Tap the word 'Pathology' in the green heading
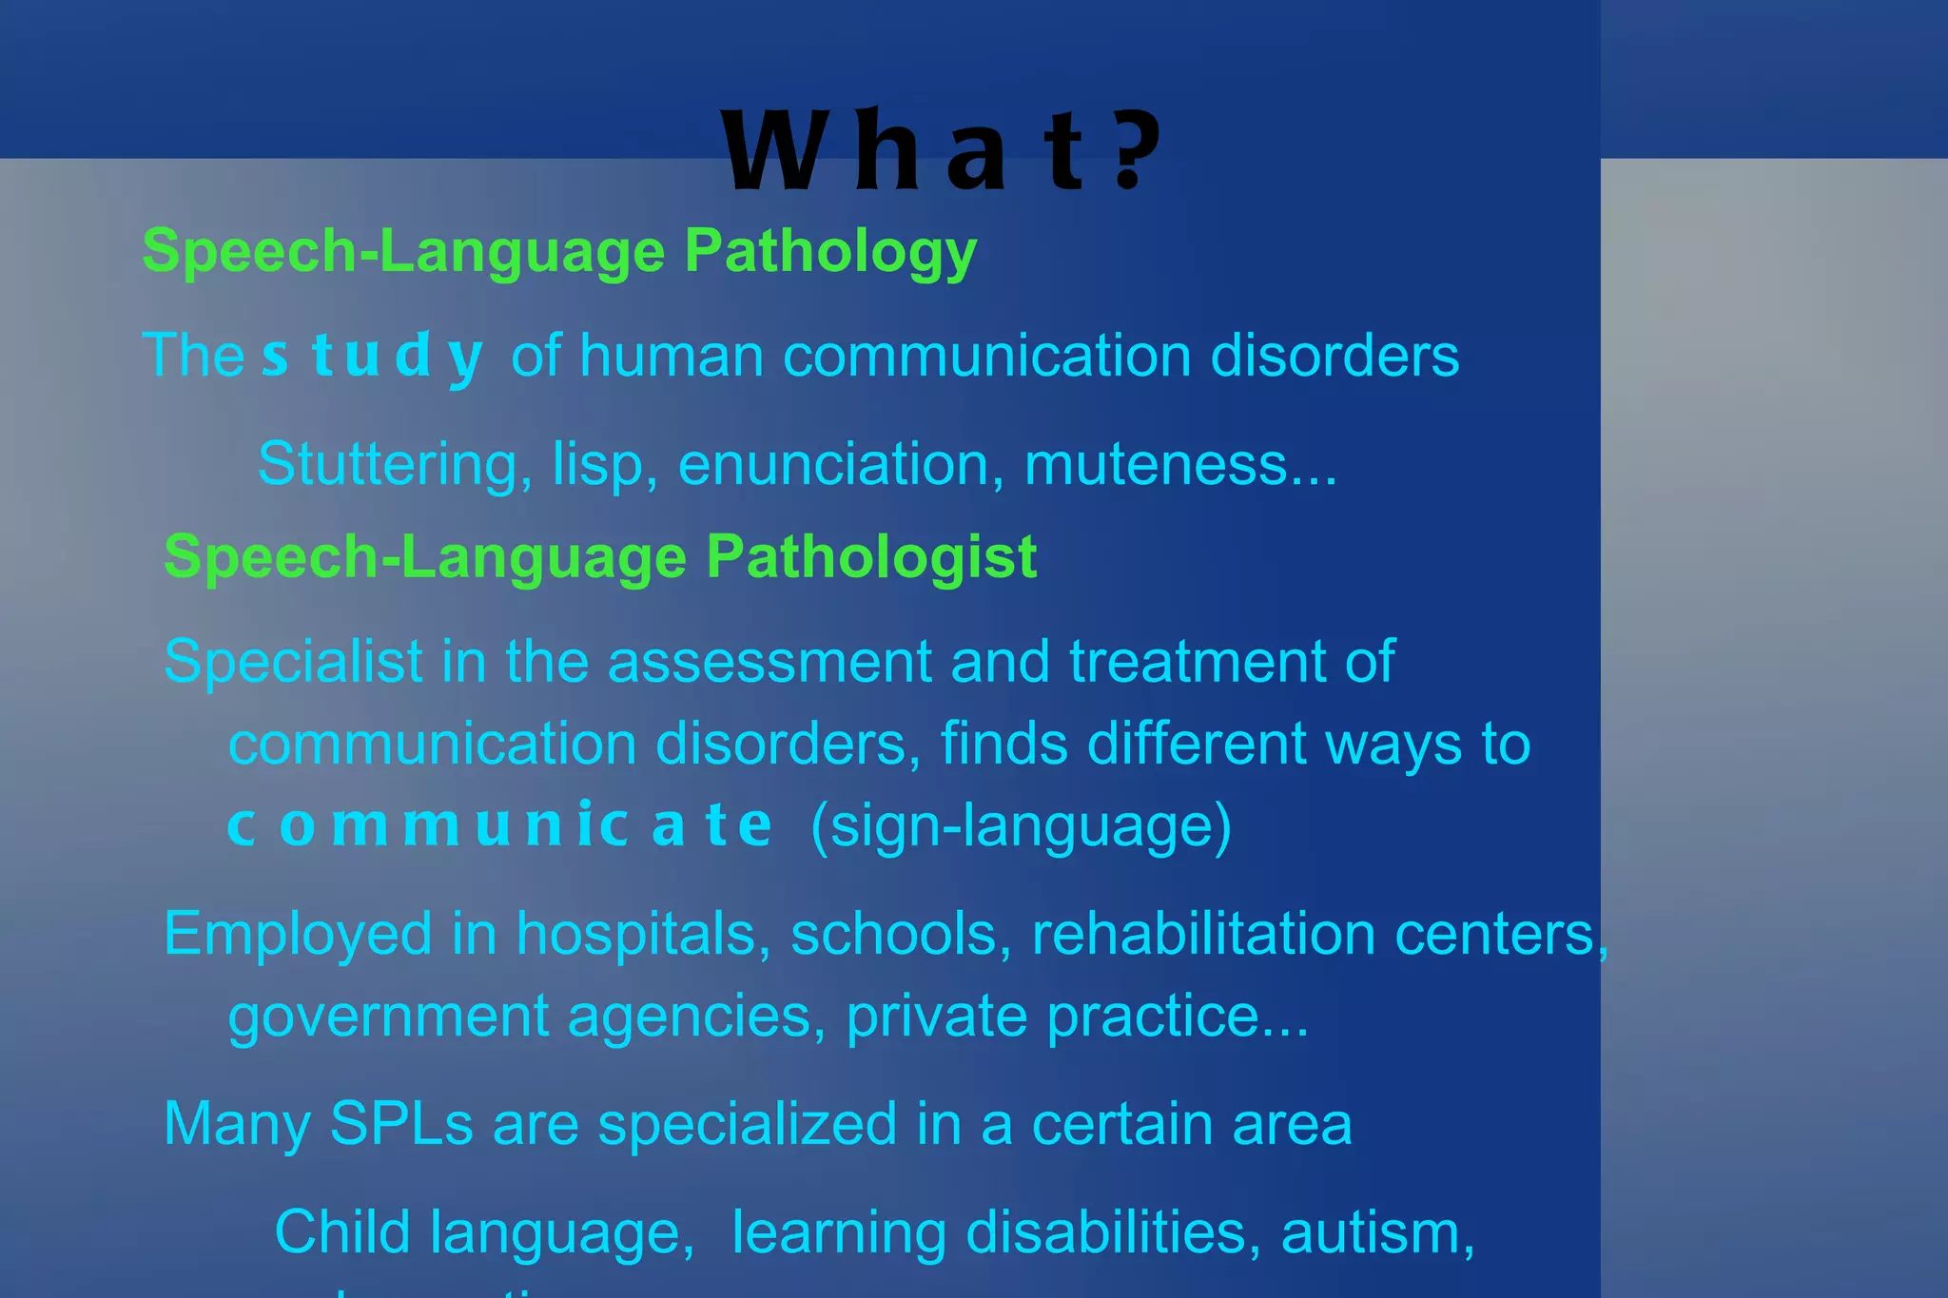830,252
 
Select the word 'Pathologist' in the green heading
870,557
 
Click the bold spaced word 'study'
372,357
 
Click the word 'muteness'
1155,465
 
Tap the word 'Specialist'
293,661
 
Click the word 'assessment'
769,663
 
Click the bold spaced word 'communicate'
499,825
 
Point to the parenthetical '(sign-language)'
1021,825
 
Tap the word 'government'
388,1017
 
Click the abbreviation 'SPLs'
401,1124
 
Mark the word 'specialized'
748,1124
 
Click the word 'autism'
1376,1233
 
